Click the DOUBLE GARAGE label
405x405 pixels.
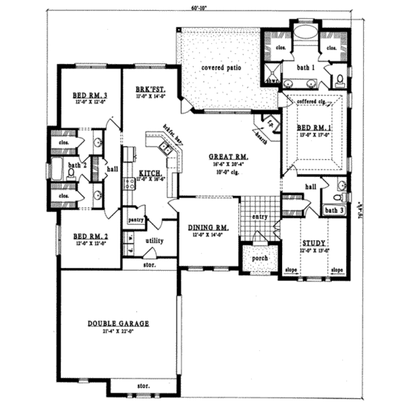pyautogui.click(x=118, y=324)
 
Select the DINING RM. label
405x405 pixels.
pyautogui.click(x=208, y=227)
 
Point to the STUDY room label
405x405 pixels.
pyautogui.click(x=314, y=243)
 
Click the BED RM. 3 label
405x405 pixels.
pyautogui.click(x=90, y=95)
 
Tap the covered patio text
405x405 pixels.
pyautogui.click(x=221, y=68)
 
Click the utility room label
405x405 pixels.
pyautogui.click(x=154, y=241)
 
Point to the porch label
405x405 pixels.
pyautogui.click(x=260, y=258)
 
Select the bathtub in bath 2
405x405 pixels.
pyautogui.click(x=57, y=169)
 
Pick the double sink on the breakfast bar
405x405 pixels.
pyautogui.click(x=165, y=148)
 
